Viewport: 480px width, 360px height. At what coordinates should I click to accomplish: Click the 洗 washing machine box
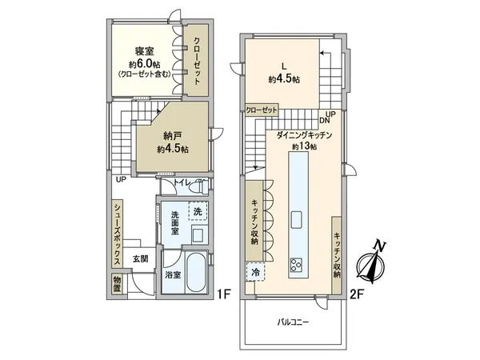click(198, 211)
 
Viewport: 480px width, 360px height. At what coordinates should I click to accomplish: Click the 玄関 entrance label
click(141, 258)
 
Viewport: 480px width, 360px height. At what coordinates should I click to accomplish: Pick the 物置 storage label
click(117, 284)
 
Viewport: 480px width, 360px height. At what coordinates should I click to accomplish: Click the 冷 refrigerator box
click(255, 272)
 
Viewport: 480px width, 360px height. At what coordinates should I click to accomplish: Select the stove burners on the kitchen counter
click(297, 265)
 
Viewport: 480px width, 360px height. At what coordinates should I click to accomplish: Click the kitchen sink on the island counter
click(297, 218)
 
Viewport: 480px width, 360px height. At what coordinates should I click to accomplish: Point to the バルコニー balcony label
click(294, 322)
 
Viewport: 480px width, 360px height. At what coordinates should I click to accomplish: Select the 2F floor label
click(357, 294)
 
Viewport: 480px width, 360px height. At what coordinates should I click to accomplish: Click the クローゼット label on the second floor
click(262, 110)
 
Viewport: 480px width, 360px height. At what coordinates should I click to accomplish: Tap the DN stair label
click(326, 121)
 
